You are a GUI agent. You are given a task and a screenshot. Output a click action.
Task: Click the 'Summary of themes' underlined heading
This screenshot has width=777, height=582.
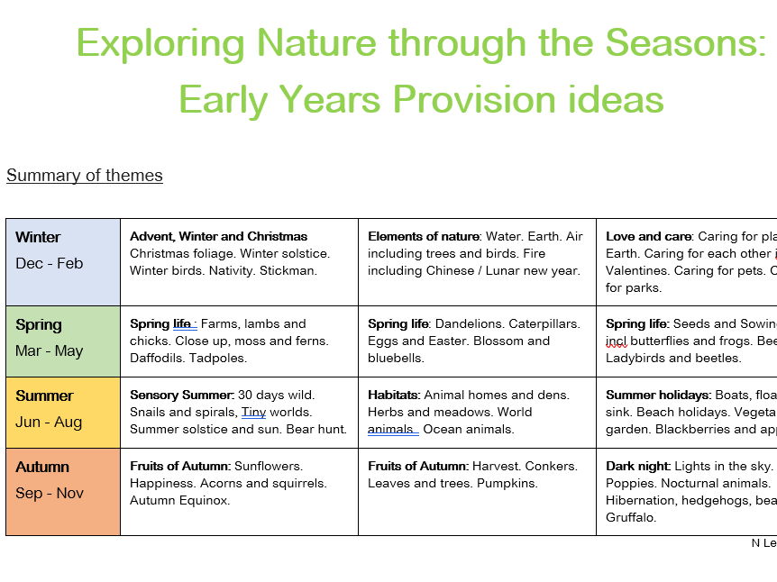pyautogui.click(x=84, y=175)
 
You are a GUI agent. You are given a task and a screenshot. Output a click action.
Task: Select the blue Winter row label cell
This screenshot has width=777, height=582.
pyautogui.click(x=62, y=261)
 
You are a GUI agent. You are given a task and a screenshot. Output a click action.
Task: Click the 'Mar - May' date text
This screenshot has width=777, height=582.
pyautogui.click(x=49, y=350)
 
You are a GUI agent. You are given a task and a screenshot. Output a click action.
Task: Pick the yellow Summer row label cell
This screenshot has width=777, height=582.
pyautogui.click(x=62, y=412)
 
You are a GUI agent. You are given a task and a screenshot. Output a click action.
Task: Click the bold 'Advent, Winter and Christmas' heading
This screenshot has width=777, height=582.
pyautogui.click(x=218, y=236)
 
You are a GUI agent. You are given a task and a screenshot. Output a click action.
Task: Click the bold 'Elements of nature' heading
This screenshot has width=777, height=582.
pyautogui.click(x=423, y=236)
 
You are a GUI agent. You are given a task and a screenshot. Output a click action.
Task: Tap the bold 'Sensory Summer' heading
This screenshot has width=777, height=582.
pyautogui.click(x=181, y=395)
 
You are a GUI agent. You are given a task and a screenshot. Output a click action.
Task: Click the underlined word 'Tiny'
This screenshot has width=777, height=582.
pyautogui.click(x=253, y=412)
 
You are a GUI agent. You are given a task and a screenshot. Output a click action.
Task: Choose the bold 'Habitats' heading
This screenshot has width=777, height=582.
pyautogui.click(x=393, y=395)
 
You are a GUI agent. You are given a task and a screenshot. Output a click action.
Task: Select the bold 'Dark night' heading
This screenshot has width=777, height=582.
pyautogui.click(x=636, y=466)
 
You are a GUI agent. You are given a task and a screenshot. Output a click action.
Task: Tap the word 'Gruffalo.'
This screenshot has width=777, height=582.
pyautogui.click(x=631, y=517)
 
